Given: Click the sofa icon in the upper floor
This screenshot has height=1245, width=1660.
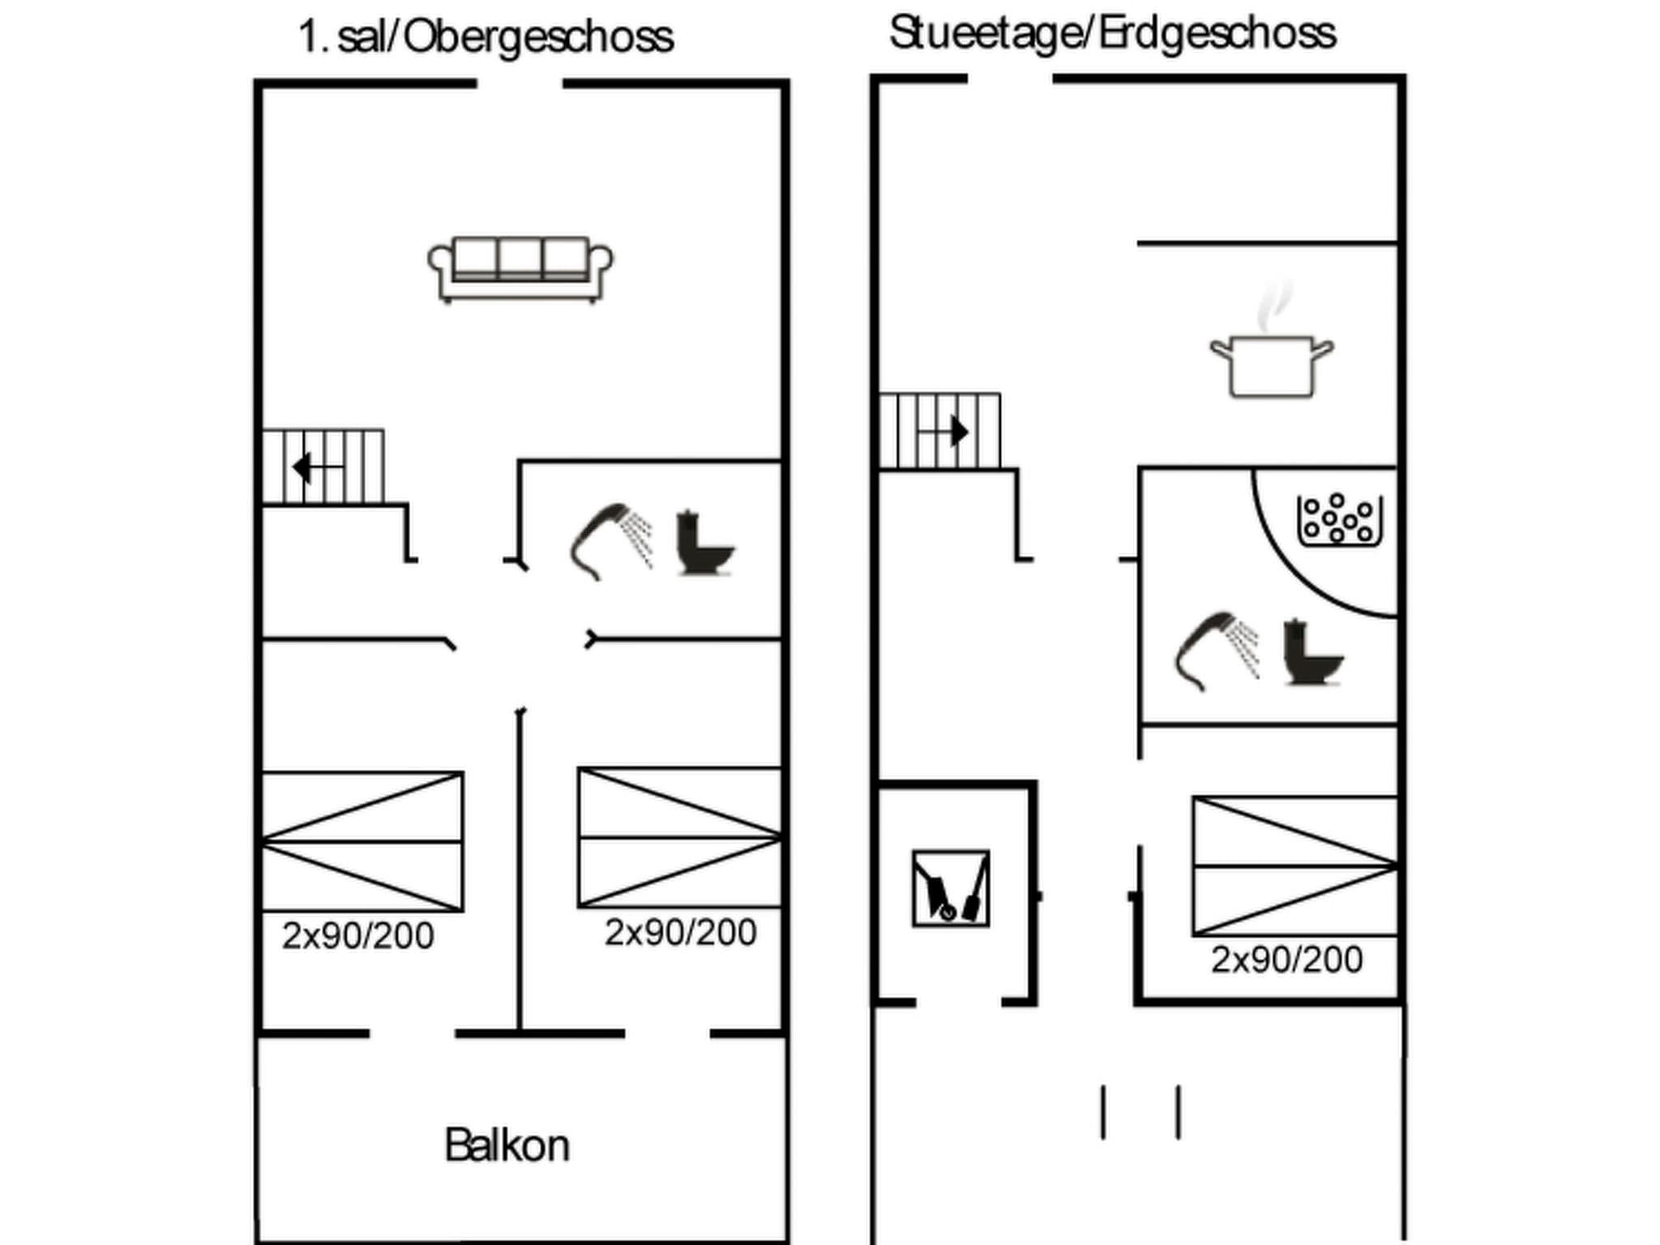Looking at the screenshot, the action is tap(520, 270).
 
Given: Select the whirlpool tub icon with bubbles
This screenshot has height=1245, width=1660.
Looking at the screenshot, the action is tap(1340, 520).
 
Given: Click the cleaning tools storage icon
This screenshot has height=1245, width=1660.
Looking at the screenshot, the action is tap(951, 888).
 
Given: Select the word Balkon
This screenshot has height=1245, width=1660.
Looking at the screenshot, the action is tap(507, 1145).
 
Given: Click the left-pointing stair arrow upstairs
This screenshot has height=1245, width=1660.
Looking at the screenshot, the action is tap(318, 468).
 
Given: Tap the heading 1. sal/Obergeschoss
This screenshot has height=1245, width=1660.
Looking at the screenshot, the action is tap(486, 37).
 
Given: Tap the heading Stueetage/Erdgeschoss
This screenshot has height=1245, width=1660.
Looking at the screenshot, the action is tap(1112, 34).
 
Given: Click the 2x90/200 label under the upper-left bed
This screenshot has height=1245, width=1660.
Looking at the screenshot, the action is tap(357, 935).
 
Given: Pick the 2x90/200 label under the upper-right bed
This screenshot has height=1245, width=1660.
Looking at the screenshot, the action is tap(681, 932).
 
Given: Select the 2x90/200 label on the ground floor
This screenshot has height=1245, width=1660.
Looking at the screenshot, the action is tap(1287, 960).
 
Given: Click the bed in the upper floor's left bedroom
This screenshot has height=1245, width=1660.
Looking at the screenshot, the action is tap(362, 841).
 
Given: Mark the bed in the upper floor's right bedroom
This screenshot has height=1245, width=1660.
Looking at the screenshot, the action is tap(679, 837).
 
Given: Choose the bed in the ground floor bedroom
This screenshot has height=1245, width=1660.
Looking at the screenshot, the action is tap(1295, 866).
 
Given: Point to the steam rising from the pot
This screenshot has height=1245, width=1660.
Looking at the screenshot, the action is tap(1274, 307).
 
